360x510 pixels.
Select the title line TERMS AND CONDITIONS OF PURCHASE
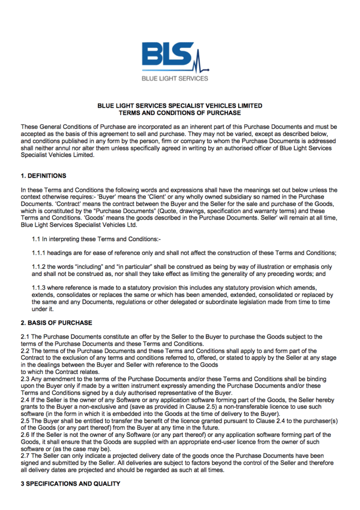[180, 113]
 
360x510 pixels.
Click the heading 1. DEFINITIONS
[43, 176]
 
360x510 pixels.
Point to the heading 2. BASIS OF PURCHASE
[56, 323]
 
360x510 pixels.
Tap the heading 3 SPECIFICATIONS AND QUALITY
[70, 484]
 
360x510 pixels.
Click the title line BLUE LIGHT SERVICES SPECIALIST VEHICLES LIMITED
[180, 106]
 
